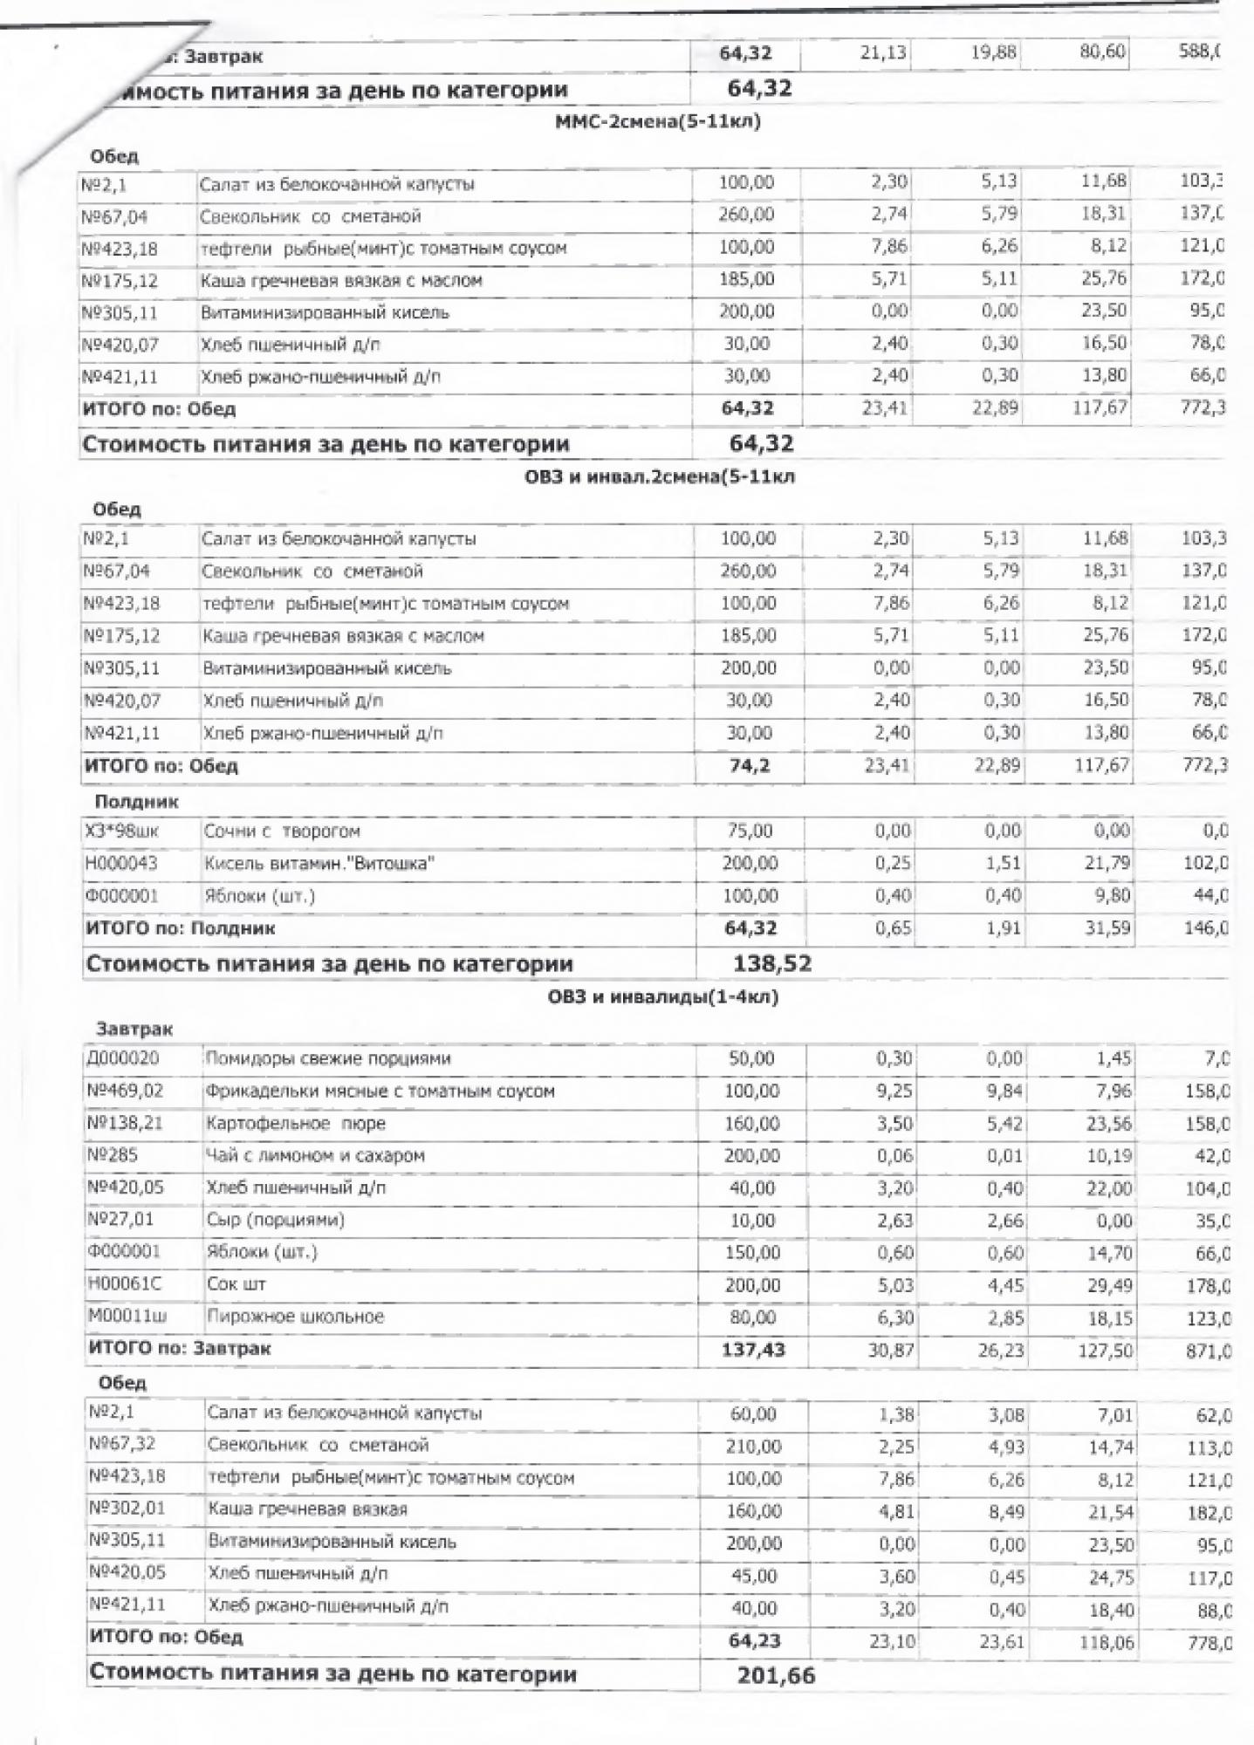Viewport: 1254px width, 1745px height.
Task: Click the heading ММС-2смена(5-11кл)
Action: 658,122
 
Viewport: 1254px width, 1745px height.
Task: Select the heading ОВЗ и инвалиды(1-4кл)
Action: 663,997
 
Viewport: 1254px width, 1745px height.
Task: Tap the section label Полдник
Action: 136,801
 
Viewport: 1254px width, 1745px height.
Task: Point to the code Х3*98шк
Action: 122,831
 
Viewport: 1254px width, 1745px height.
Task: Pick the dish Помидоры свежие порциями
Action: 328,1059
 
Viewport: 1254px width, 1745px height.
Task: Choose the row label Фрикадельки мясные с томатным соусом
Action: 380,1091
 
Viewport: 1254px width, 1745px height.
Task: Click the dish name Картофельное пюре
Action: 296,1124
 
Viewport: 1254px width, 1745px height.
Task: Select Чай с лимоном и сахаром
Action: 316,1156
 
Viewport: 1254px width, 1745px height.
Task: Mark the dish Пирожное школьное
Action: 296,1317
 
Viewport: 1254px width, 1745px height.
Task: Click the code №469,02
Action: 126,1091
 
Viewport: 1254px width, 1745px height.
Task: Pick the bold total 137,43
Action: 754,1350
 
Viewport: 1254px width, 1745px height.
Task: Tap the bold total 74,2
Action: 749,766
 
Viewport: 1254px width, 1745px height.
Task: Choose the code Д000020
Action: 123,1058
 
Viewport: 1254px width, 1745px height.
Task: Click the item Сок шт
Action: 236,1284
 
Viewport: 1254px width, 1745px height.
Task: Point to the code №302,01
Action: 127,1509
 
